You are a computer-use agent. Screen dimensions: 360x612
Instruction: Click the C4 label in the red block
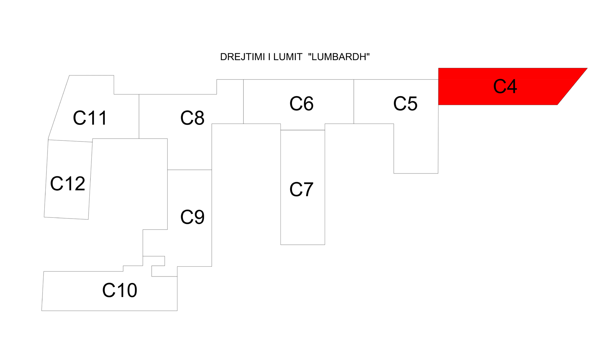(505, 86)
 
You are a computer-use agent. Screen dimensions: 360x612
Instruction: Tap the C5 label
(405, 104)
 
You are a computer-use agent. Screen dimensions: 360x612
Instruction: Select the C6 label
(301, 104)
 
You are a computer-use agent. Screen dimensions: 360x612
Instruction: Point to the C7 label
(301, 189)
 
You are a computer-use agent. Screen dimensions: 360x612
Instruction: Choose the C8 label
(192, 118)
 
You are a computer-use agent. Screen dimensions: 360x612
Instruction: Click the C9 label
(192, 217)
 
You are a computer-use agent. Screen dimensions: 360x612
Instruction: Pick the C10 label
(120, 290)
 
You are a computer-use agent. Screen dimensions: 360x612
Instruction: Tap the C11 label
(90, 118)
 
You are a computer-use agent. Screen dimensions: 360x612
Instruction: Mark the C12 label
(68, 184)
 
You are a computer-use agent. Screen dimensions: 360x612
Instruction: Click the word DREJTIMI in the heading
(242, 57)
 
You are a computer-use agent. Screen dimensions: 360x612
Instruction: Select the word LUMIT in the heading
(288, 57)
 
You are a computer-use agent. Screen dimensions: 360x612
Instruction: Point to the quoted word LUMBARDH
(339, 57)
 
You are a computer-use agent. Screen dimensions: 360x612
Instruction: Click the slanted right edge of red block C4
(572, 86)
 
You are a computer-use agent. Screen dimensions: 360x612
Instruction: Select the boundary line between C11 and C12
(70, 141)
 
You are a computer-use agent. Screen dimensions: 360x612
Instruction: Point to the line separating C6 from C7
(303, 130)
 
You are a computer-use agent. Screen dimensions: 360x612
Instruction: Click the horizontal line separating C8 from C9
(189, 170)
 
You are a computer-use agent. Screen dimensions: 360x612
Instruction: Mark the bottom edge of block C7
(303, 245)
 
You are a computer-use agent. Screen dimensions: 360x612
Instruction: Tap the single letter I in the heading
(269, 57)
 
